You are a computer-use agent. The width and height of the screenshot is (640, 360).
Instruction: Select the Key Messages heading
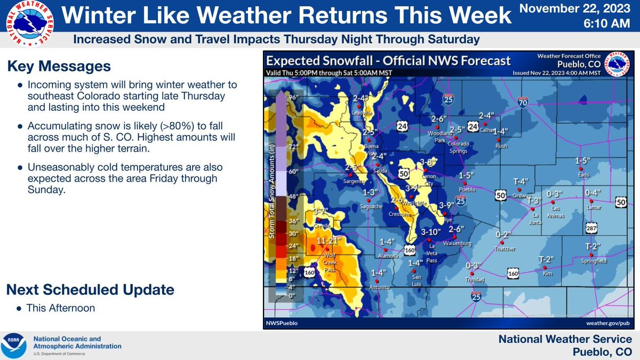coord(59,67)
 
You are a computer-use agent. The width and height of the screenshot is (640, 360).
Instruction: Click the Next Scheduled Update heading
coord(90,290)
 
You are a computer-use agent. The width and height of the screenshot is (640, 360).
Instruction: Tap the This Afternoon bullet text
coord(61,308)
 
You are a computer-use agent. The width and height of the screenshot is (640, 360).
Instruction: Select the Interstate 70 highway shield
coord(524,105)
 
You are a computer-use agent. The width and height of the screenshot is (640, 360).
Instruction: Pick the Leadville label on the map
coord(361,113)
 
